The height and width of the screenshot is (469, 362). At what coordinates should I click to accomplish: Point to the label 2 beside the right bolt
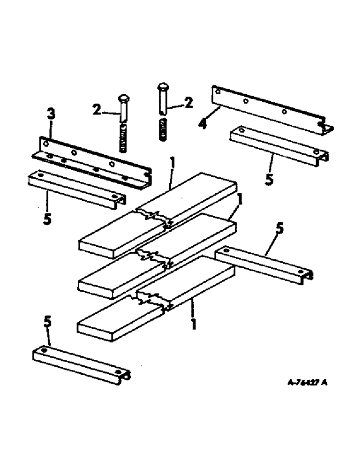[188, 103]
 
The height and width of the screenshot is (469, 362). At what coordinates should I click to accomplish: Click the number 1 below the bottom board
[192, 324]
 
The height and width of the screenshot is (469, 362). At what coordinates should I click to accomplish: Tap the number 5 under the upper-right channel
[269, 180]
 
